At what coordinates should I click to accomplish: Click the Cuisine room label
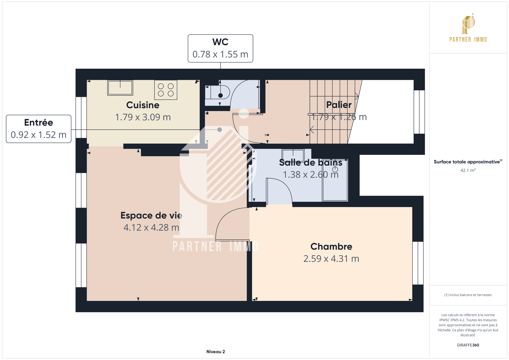pyautogui.click(x=143, y=105)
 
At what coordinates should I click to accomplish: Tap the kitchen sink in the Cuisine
pyautogui.click(x=120, y=88)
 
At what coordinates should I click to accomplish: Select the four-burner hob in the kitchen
pyautogui.click(x=166, y=90)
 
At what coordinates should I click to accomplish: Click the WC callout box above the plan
pyautogui.click(x=220, y=48)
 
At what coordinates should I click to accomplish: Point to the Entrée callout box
pyautogui.click(x=39, y=129)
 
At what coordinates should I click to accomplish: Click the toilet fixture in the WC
pyautogui.click(x=218, y=92)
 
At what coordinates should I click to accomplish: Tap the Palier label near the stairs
pyautogui.click(x=339, y=105)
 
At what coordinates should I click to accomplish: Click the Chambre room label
pyautogui.click(x=331, y=246)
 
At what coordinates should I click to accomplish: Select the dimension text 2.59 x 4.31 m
pyautogui.click(x=331, y=259)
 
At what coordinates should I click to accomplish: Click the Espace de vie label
pyautogui.click(x=151, y=215)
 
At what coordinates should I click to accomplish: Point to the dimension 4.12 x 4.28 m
pyautogui.click(x=151, y=228)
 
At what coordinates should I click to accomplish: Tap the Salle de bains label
pyautogui.click(x=311, y=163)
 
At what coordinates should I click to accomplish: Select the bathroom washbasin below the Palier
pyautogui.click(x=293, y=155)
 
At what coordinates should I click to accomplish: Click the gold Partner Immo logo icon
pyautogui.click(x=468, y=24)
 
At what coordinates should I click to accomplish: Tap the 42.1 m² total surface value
pyautogui.click(x=468, y=170)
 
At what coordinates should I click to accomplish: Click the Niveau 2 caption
pyautogui.click(x=216, y=352)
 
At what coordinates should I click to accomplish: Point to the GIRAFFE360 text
pyautogui.click(x=468, y=345)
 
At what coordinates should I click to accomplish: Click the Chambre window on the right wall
pyautogui.click(x=418, y=263)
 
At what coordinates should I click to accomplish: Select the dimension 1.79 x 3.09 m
pyautogui.click(x=143, y=117)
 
